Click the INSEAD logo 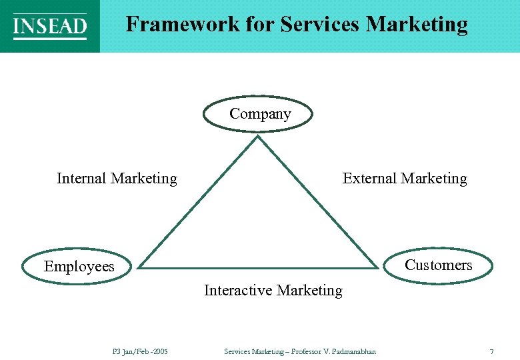[x=50, y=26]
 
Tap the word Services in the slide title [x=320, y=25]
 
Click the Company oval [x=259, y=114]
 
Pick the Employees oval [x=78, y=267]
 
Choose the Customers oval [x=439, y=265]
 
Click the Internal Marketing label [x=117, y=179]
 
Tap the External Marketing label [x=405, y=179]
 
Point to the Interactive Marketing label [x=273, y=291]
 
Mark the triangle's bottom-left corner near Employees [x=141, y=267]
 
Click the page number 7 [x=491, y=351]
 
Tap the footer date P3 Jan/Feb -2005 [x=141, y=351]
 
